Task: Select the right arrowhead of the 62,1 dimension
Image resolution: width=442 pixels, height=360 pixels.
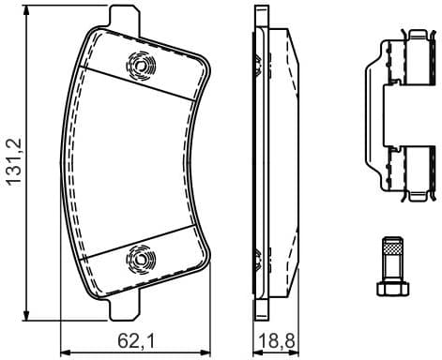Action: tap(209, 351)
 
